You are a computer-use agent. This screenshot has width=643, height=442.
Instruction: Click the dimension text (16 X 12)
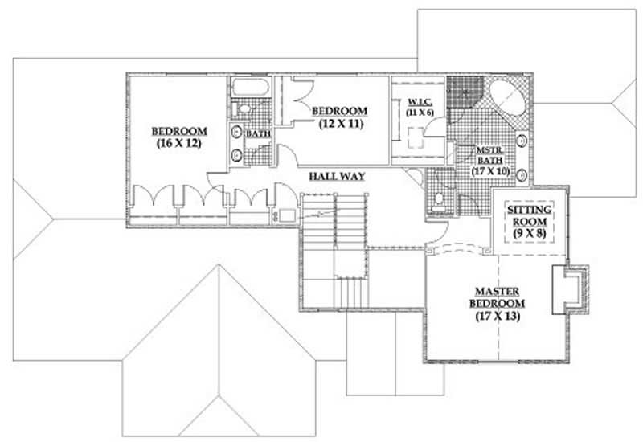(178, 145)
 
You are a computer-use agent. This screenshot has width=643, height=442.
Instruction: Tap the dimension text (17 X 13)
(499, 317)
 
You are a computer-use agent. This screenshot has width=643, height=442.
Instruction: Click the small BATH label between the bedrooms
(258, 133)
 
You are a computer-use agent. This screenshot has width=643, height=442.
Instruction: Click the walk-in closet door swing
(415, 178)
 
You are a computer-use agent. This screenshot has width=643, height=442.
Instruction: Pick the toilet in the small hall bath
(243, 108)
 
